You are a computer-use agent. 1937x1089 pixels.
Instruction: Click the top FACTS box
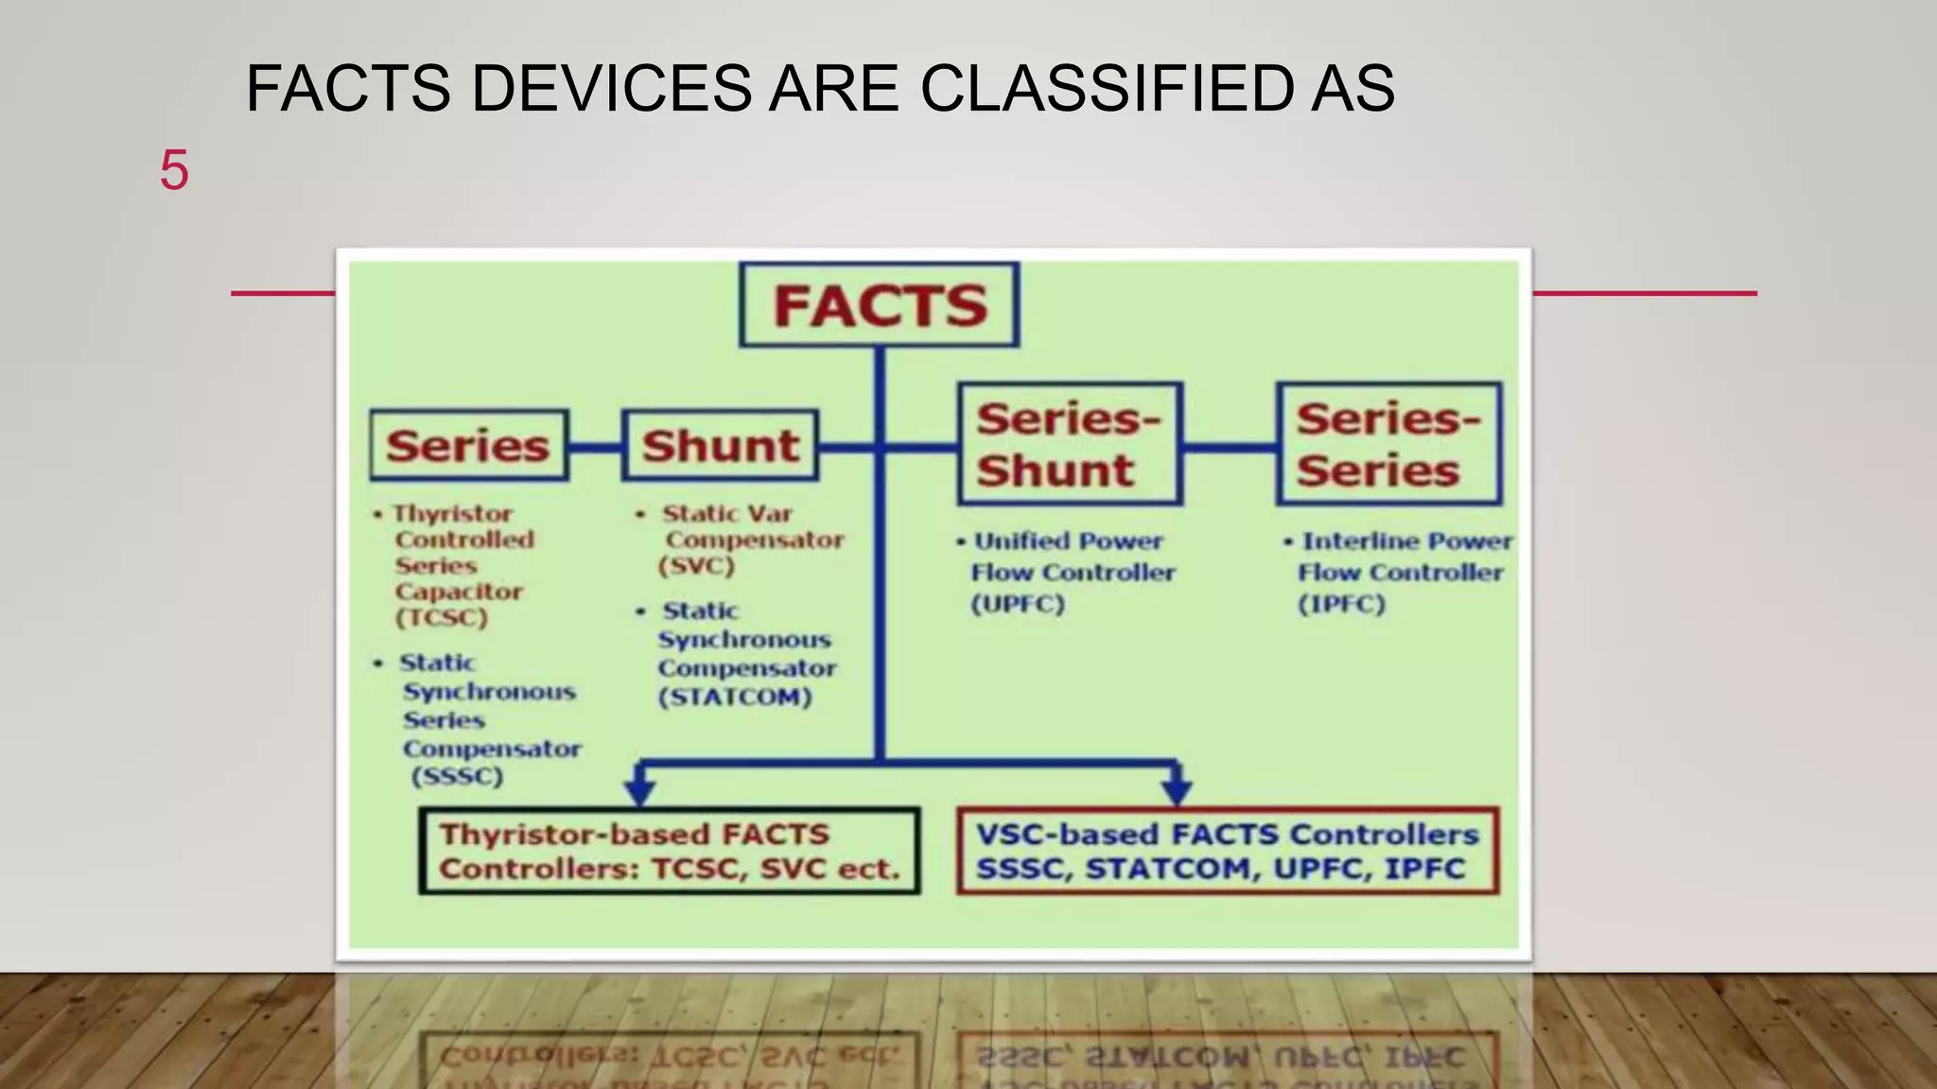880,304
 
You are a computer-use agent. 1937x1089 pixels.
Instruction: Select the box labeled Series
469,445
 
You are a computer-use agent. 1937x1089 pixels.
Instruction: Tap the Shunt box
720,445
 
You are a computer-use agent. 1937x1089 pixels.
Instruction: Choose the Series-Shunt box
1070,444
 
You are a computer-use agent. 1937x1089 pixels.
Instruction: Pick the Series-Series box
1388,444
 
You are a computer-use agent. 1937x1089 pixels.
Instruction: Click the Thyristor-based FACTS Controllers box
670,851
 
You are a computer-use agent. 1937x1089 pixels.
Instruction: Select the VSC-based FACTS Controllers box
1228,851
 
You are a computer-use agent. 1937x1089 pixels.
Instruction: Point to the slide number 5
174,170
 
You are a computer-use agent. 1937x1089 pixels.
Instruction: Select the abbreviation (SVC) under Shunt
697,566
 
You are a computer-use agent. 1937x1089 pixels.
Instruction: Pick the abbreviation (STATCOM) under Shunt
735,698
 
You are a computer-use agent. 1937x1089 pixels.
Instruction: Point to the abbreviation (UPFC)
1018,604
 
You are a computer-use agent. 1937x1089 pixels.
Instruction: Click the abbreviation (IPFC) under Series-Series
1341,604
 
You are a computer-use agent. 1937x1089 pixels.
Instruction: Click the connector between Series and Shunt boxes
595,446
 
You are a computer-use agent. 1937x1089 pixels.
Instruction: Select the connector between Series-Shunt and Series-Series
1230,446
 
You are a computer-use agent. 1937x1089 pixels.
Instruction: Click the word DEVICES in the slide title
610,89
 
